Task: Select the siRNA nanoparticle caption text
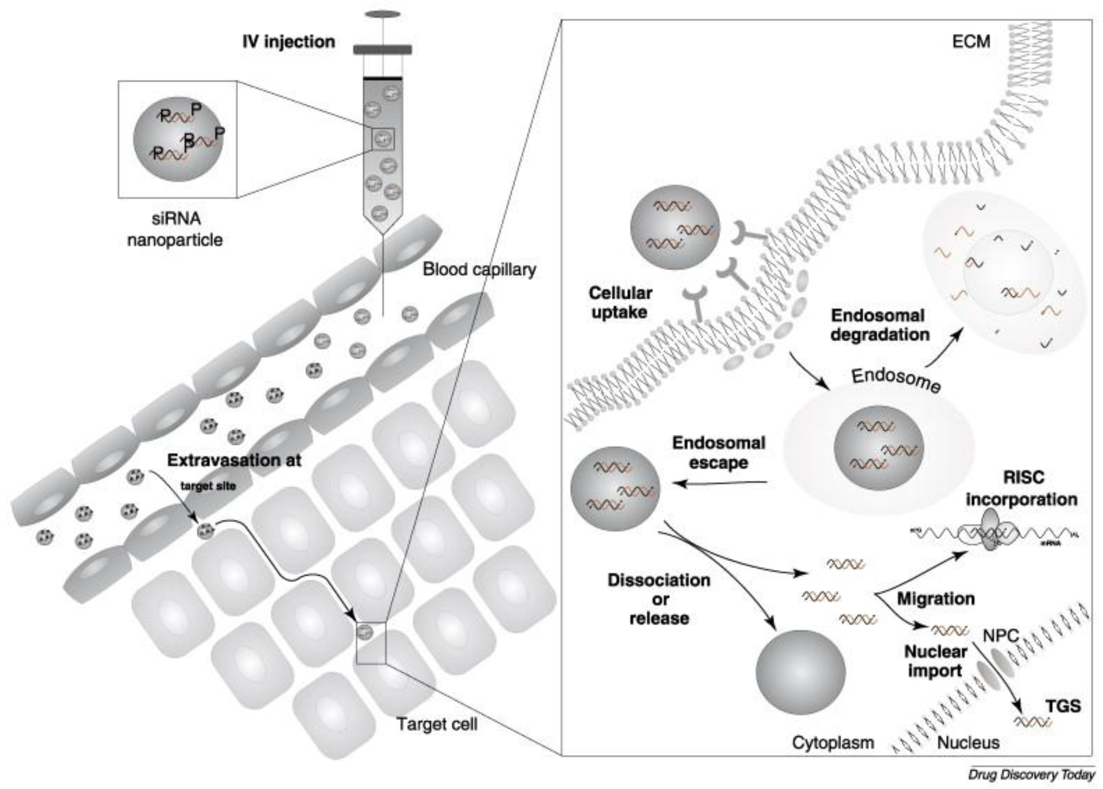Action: coord(175,229)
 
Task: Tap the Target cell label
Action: coord(437,724)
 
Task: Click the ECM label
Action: coord(971,42)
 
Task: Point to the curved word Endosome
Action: coord(896,380)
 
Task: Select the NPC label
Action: coord(1000,636)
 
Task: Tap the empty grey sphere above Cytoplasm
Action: coord(800,672)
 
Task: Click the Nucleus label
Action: coord(968,742)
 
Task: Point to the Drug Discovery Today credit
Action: coord(1031,775)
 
